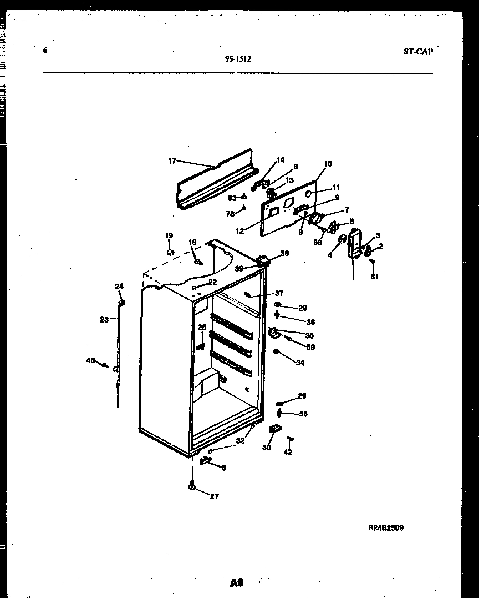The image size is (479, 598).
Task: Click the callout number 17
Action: [x=172, y=161]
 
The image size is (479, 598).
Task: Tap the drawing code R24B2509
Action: [x=385, y=527]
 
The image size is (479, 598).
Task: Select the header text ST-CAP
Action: [x=417, y=52]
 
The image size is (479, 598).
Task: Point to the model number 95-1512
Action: [x=238, y=58]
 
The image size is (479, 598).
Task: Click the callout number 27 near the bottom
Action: [x=214, y=496]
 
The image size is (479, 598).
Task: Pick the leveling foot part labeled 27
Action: [x=192, y=486]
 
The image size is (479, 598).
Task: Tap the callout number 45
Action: [x=90, y=360]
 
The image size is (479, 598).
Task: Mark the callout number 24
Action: [x=119, y=287]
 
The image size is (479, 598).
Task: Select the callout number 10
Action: [x=328, y=164]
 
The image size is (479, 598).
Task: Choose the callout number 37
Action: [x=279, y=294]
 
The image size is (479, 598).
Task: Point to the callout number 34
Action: [x=300, y=364]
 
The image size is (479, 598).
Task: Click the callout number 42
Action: [x=288, y=453]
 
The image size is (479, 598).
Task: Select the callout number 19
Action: [x=169, y=235]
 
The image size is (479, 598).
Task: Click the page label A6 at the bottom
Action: [x=237, y=582]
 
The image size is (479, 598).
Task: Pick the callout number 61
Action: [x=374, y=277]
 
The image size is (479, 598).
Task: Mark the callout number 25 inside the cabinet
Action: [x=202, y=328]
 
